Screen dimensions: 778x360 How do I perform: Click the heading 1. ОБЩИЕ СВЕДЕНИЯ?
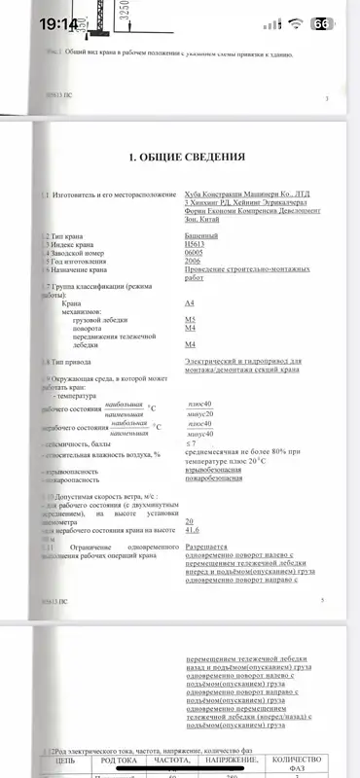[x=180, y=156]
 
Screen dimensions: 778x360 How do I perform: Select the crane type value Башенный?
[x=201, y=235]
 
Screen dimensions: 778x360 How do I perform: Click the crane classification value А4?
[x=190, y=304]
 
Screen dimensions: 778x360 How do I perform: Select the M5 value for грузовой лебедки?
[x=190, y=320]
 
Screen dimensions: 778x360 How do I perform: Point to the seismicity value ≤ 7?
[x=190, y=415]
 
